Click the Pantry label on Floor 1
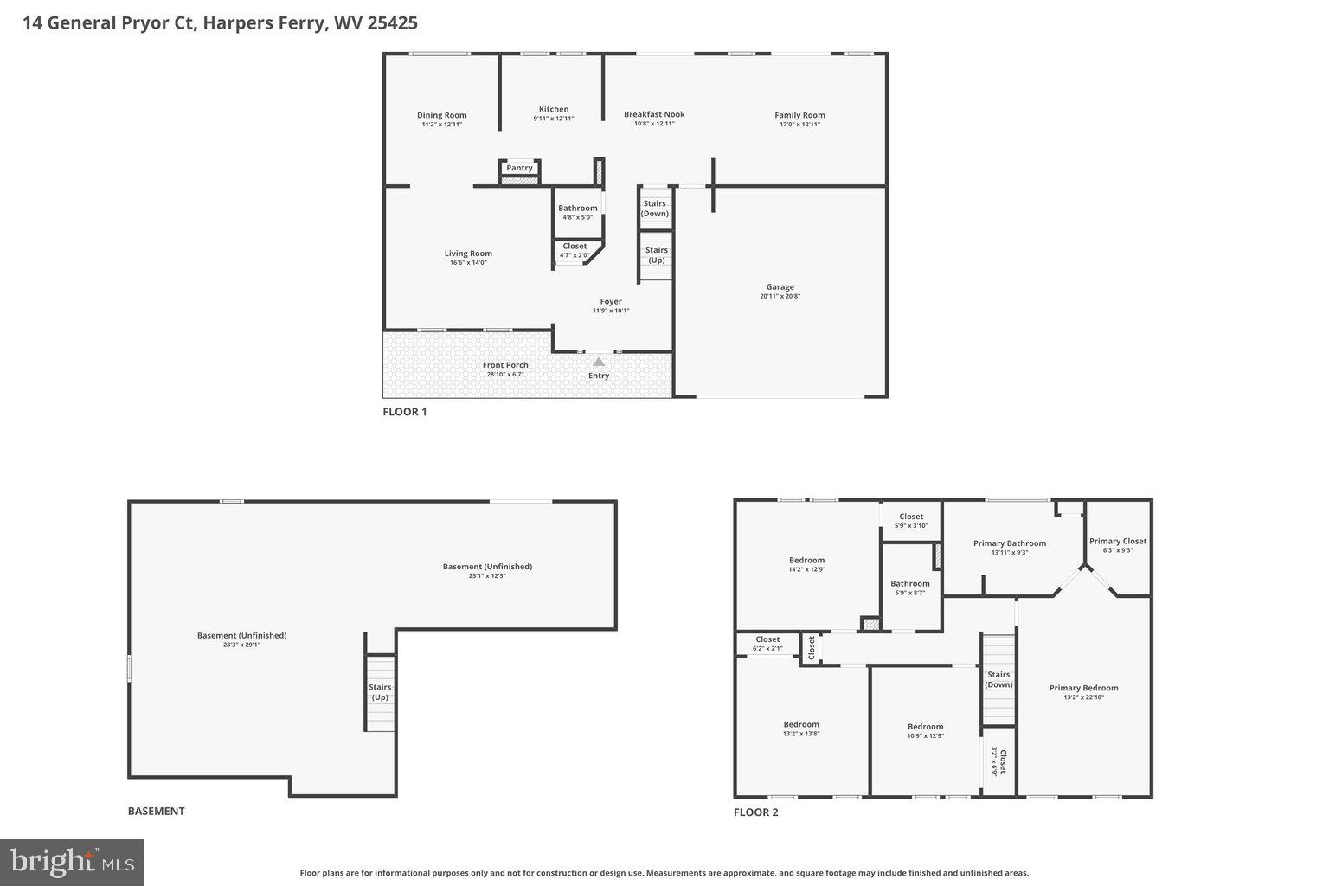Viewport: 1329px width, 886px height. point(519,168)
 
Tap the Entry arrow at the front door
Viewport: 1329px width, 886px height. point(598,362)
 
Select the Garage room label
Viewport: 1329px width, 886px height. point(780,287)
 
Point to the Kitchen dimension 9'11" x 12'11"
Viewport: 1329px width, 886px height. point(554,119)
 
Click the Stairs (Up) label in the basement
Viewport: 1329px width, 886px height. point(380,692)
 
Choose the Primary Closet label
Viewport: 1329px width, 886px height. point(1118,541)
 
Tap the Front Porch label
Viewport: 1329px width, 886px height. point(505,365)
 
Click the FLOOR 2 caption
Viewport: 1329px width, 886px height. point(755,812)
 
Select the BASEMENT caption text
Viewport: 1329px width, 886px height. point(156,812)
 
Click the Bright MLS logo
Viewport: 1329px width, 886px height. point(72,862)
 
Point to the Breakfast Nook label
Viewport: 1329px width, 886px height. point(654,114)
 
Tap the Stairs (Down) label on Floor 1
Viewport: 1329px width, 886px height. point(655,209)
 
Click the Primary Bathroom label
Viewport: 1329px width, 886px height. point(1009,543)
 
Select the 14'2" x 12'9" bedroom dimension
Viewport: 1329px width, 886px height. point(806,569)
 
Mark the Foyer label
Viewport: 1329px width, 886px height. point(611,302)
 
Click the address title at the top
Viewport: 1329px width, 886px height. point(220,23)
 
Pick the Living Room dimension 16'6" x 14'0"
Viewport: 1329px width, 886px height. point(468,263)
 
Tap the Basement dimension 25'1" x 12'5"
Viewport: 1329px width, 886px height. point(487,576)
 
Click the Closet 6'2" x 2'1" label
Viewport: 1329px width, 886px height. point(767,639)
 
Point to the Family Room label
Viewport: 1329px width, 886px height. point(799,115)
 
